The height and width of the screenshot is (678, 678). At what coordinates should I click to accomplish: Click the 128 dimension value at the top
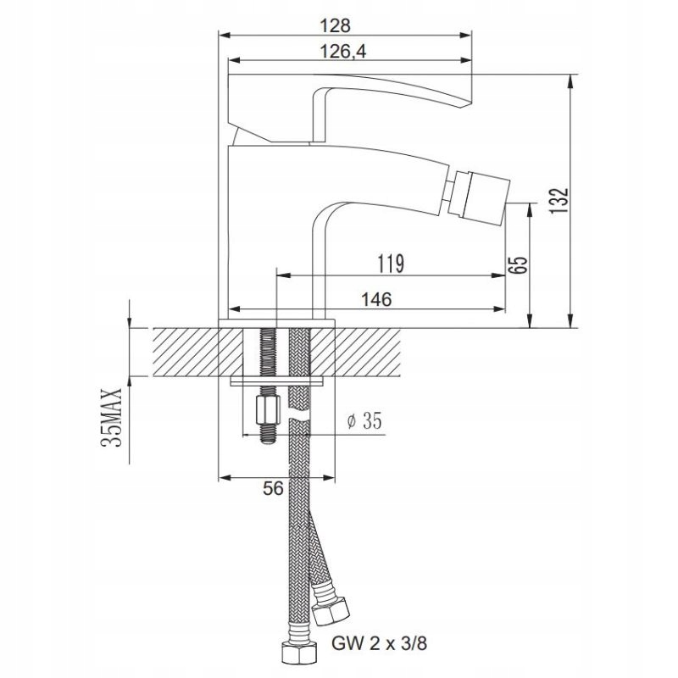click(x=335, y=25)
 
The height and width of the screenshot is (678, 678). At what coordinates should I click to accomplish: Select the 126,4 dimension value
click(x=342, y=52)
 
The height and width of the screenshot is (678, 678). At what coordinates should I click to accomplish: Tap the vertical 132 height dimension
click(x=559, y=200)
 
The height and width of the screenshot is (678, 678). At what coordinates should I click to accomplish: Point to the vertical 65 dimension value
click(x=519, y=264)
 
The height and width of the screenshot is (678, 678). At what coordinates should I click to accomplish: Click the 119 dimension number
click(x=391, y=264)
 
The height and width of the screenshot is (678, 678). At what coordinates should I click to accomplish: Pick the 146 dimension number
click(x=376, y=299)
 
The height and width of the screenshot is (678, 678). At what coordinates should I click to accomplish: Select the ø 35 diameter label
click(x=365, y=420)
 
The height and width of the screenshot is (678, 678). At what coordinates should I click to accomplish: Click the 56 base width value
click(x=273, y=488)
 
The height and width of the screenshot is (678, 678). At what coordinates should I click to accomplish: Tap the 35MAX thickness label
click(x=112, y=417)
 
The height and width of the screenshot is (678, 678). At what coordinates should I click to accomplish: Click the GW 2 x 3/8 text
click(x=379, y=644)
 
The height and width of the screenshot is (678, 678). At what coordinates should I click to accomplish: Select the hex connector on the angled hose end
click(x=331, y=610)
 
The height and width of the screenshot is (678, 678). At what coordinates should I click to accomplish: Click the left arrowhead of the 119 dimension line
click(x=282, y=275)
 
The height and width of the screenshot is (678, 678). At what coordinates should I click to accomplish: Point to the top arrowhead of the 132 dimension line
click(x=571, y=81)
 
